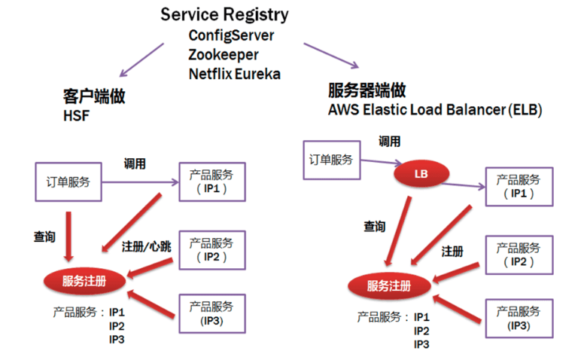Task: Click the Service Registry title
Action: pos(225,15)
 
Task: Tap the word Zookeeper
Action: pos(224,55)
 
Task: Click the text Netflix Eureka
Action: pos(233,74)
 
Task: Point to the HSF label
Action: pos(75,117)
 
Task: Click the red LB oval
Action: pos(421,175)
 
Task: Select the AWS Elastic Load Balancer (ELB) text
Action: pos(435,109)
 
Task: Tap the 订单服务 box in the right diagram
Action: pos(331,159)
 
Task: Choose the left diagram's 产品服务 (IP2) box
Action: pos(211,249)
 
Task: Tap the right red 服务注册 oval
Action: pos(390,285)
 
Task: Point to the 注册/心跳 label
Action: pos(147,246)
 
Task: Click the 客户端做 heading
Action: pos(93,96)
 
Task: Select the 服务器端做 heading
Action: pos(367,90)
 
